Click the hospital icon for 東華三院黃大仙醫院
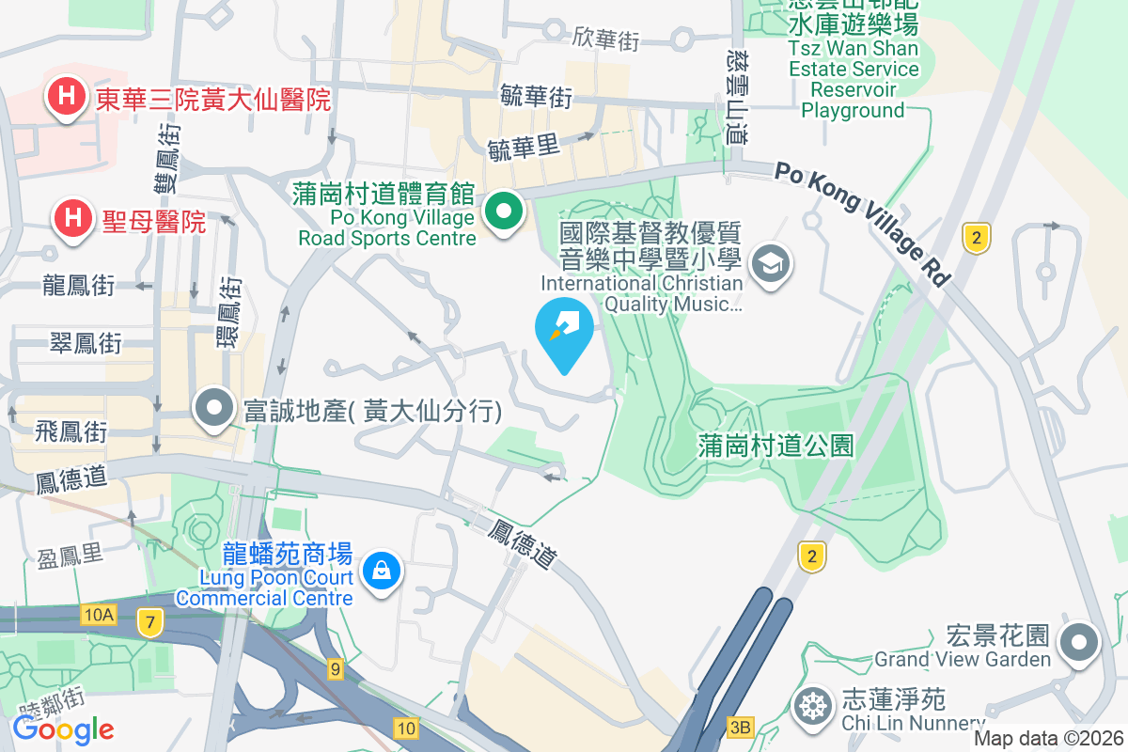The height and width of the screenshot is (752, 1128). point(67,97)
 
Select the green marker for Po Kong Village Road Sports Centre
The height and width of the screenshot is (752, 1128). point(505,212)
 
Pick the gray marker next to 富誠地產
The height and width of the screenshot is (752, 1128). point(215,409)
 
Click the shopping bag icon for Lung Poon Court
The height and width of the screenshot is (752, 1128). point(382,571)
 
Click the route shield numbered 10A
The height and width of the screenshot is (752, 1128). point(98,615)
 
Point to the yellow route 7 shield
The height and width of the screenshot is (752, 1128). point(148,621)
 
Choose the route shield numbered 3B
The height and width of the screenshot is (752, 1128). point(741,726)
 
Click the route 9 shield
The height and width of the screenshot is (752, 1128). point(336,669)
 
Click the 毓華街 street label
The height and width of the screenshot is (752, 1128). point(537,96)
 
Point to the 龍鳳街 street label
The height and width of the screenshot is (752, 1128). point(79,285)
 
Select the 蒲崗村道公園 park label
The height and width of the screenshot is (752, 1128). point(775,445)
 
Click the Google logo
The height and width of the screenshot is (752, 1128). point(63,728)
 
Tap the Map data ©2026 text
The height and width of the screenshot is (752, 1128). point(1047,739)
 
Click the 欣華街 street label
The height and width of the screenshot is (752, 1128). point(605,39)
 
